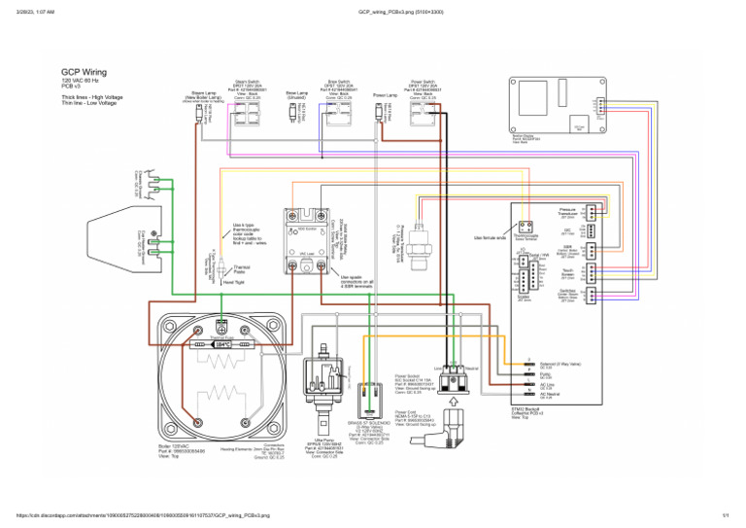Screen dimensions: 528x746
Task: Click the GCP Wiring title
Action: (x=84, y=72)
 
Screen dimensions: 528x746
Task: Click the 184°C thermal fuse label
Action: (x=222, y=344)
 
